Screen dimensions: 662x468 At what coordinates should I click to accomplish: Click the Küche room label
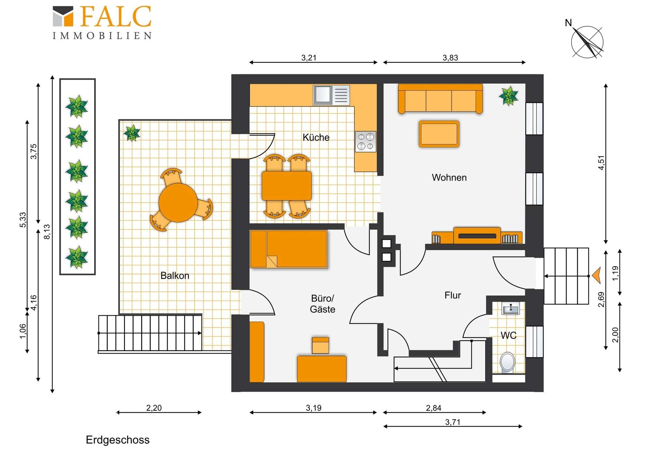click(x=316, y=137)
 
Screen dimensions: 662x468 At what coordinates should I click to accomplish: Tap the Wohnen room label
click(x=449, y=178)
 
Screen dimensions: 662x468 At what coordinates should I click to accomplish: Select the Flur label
click(x=452, y=295)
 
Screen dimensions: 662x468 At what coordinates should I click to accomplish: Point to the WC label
click(x=508, y=335)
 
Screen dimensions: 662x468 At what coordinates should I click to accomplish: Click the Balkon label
click(x=175, y=276)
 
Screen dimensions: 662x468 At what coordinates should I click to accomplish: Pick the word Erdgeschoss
click(x=118, y=440)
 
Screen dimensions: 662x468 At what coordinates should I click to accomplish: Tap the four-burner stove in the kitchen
click(x=365, y=141)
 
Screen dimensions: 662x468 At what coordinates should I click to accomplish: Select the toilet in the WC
click(x=507, y=362)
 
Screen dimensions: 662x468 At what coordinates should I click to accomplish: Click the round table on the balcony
click(x=178, y=202)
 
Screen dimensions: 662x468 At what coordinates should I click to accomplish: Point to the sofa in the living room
click(x=440, y=99)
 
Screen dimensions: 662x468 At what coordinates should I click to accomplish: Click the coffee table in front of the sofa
click(x=439, y=134)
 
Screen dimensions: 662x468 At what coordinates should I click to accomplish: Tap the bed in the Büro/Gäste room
click(x=289, y=249)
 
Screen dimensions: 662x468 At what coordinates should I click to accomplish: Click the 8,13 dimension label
click(x=47, y=232)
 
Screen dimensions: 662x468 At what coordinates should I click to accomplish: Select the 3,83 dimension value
click(x=450, y=58)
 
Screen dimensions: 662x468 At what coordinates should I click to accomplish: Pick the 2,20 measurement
click(x=154, y=408)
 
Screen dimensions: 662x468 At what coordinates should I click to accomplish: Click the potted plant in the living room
click(x=509, y=96)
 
